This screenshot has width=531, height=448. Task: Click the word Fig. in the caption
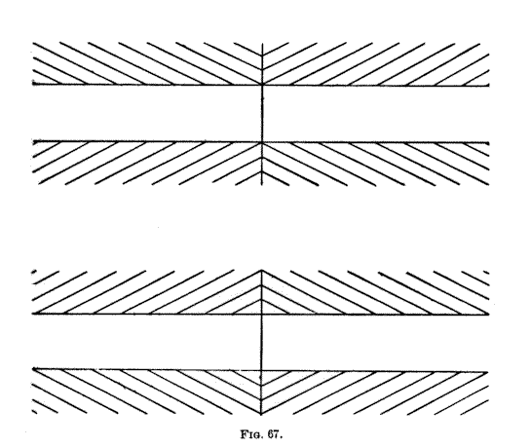[251, 434]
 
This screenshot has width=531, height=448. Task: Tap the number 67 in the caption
[274, 434]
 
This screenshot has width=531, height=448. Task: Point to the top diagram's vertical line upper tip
[262, 44]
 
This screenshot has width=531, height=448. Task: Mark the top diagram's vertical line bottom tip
[262, 185]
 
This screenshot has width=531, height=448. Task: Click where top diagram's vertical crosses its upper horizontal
[262, 85]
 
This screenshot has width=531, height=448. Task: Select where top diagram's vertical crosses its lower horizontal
[262, 142]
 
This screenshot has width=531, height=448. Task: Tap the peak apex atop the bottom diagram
[261, 270]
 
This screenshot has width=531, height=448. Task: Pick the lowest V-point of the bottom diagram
[261, 414]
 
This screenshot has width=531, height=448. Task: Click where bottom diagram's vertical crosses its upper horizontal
[261, 315]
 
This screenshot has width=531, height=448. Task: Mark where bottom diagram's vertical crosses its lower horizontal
[261, 371]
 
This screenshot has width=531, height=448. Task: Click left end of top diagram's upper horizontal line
[33, 84]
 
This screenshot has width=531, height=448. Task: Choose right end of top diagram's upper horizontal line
[489, 86]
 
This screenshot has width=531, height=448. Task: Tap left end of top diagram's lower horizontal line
[33, 141]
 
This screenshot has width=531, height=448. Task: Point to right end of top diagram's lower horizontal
[489, 143]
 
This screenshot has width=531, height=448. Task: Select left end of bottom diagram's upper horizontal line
[33, 314]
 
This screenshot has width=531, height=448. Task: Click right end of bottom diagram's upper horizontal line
[489, 315]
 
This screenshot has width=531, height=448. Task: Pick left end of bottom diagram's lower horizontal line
[33, 368]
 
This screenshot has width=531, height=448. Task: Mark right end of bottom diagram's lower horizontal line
[488, 372]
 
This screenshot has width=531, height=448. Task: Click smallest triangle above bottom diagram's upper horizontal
[261, 310]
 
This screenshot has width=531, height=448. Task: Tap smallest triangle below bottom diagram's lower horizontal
[261, 376]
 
